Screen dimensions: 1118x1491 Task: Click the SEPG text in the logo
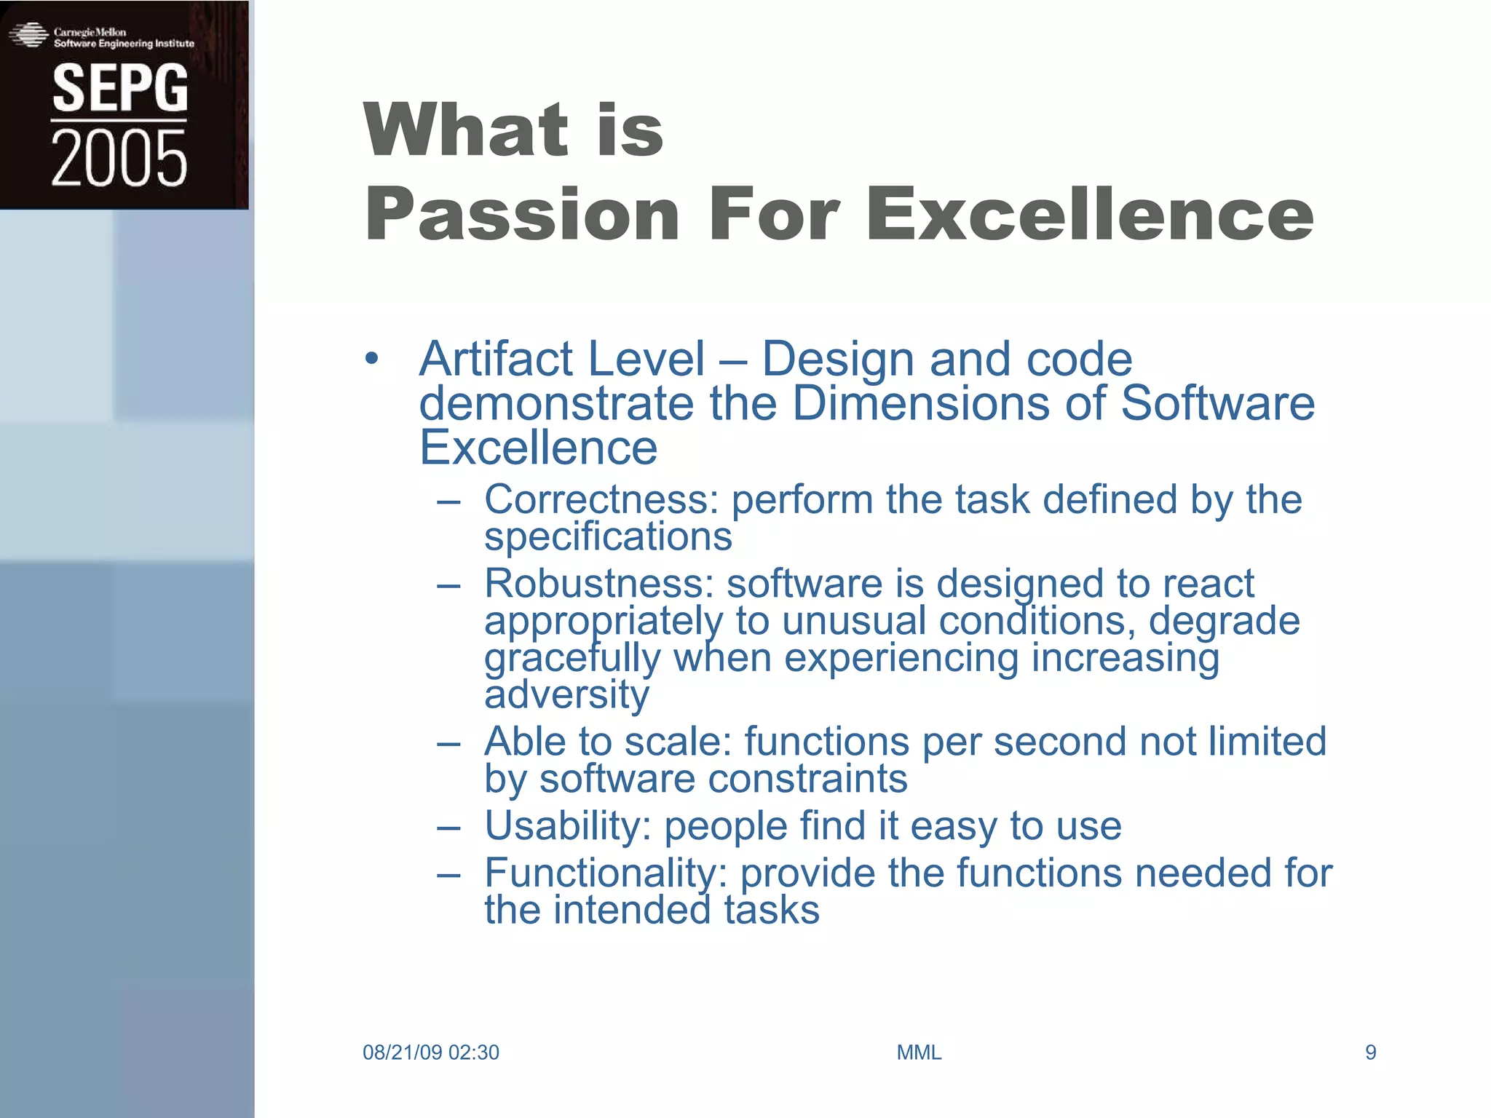[119, 88]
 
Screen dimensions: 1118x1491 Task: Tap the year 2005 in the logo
[119, 159]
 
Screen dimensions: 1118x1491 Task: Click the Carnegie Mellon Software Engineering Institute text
[124, 38]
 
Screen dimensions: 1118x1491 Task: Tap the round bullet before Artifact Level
[372, 358]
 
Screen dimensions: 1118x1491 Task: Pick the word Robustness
[599, 584]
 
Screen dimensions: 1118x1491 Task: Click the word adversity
[566, 694]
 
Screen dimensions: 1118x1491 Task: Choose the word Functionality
[606, 873]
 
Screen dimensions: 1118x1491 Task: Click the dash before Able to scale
[448, 743]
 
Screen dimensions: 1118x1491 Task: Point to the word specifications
[608, 537]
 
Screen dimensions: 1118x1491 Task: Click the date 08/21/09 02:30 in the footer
[430, 1052]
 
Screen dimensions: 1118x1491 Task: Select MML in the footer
[919, 1052]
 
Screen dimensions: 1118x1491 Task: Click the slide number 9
[1370, 1052]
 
